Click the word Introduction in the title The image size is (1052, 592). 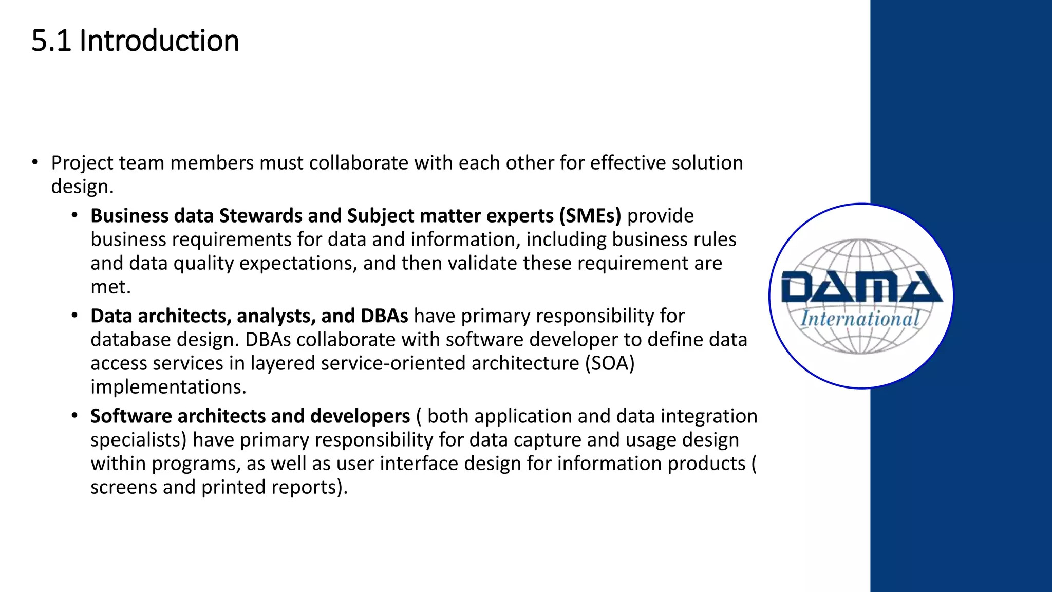pyautogui.click(x=159, y=41)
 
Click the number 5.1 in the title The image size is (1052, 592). pyautogui.click(x=51, y=41)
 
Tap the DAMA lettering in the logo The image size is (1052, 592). pyautogui.click(x=861, y=287)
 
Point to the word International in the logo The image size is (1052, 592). pyautogui.click(x=860, y=319)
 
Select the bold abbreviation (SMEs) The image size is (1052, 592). pyautogui.click(x=590, y=216)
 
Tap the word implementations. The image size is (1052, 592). pyautogui.click(x=168, y=387)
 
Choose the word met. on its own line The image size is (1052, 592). pyautogui.click(x=110, y=287)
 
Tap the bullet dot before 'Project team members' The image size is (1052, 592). pyautogui.click(x=35, y=163)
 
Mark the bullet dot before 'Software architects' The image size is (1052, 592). pyautogui.click(x=75, y=415)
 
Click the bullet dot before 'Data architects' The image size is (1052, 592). pyautogui.click(x=75, y=315)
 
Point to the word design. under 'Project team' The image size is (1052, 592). pyautogui.click(x=82, y=187)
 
